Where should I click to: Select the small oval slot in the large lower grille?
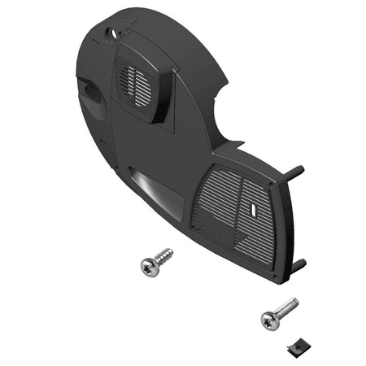(255, 209)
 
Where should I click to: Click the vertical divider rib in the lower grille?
(242, 213)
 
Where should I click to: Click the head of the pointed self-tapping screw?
(149, 268)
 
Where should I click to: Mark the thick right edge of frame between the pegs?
(285, 224)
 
